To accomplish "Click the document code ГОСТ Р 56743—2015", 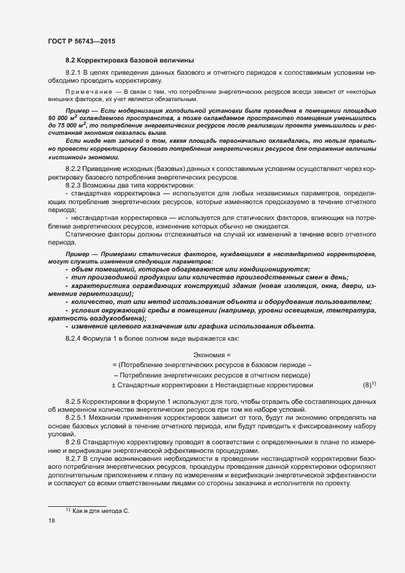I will [x=81, y=41].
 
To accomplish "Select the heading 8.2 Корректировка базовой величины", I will [x=130, y=60].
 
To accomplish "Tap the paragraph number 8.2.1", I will [x=75, y=73].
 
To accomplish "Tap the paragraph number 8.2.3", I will [x=75, y=184].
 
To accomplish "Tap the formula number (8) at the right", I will [x=368, y=385].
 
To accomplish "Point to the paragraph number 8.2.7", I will [x=75, y=458].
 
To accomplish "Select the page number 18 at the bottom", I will [x=51, y=521].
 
